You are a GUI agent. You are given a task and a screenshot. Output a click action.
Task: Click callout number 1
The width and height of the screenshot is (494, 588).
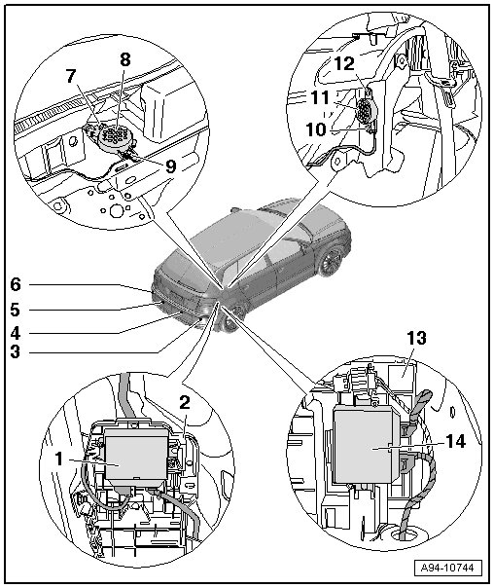click(58, 459)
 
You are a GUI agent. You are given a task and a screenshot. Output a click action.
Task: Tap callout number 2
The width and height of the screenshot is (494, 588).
click(185, 403)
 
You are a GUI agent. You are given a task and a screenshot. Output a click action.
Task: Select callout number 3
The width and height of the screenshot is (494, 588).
click(16, 352)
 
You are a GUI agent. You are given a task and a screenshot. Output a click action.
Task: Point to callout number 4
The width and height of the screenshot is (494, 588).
click(16, 333)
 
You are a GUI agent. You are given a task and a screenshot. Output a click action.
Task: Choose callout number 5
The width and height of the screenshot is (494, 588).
click(16, 310)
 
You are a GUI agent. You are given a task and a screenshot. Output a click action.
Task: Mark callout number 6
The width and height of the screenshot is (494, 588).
click(16, 284)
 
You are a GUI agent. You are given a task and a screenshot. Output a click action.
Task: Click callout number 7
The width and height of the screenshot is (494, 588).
click(72, 76)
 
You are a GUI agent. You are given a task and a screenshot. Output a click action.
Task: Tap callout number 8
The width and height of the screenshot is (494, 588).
click(125, 59)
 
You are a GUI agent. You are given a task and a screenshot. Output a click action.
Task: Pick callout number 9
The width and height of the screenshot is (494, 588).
click(171, 166)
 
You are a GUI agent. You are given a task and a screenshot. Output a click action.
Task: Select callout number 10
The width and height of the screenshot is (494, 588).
click(316, 130)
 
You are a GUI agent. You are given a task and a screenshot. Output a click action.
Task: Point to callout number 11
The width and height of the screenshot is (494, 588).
click(320, 98)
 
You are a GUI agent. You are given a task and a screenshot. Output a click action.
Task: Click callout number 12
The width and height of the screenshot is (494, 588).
click(344, 63)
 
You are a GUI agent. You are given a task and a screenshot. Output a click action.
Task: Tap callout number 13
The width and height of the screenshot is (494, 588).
click(416, 338)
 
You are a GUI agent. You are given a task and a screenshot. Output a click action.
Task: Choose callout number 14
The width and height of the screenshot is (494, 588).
click(455, 441)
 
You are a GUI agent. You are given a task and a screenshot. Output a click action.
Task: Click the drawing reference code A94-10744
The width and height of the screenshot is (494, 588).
click(447, 568)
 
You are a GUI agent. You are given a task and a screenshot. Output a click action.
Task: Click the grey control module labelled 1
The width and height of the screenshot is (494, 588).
click(137, 455)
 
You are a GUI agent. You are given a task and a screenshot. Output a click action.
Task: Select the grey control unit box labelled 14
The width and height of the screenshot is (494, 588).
click(366, 444)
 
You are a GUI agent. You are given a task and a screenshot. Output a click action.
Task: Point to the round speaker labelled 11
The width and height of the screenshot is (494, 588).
click(366, 110)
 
